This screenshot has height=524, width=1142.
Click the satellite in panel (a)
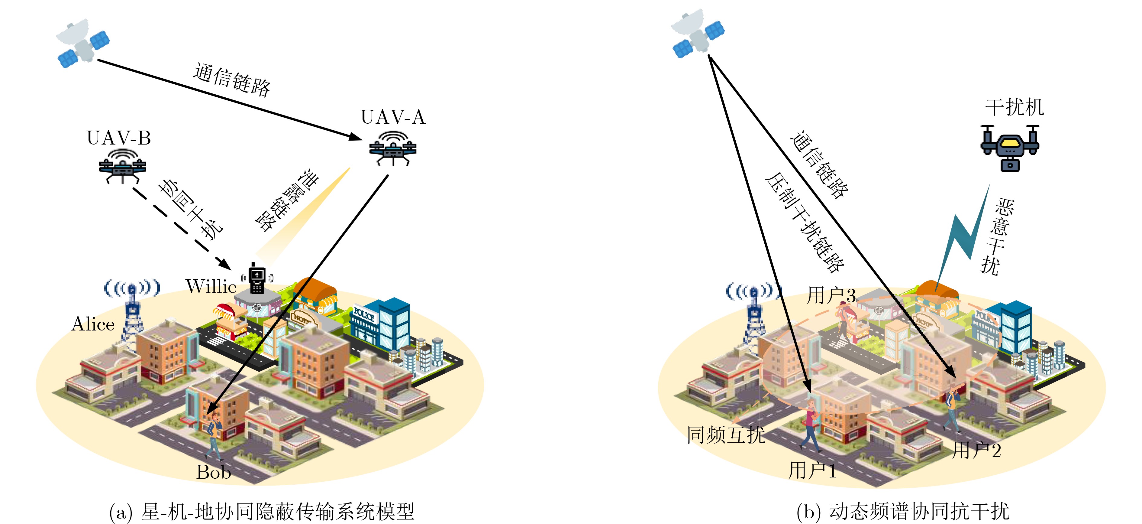(83, 43)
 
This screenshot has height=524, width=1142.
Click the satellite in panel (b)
(697, 33)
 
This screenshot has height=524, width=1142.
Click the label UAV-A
(393, 117)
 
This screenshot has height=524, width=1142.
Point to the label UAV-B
(119, 138)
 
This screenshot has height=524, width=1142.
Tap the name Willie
(211, 286)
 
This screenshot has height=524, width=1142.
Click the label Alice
(93, 324)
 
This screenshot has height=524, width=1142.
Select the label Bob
(214, 472)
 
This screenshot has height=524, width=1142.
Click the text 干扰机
(1014, 107)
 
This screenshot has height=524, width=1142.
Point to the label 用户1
(812, 470)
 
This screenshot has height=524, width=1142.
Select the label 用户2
(977, 450)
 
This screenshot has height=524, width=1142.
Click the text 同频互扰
(726, 435)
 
